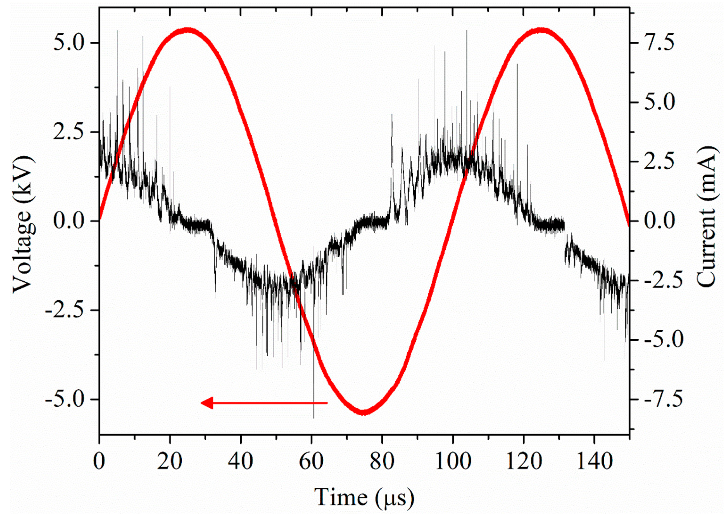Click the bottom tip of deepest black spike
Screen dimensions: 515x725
314,418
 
